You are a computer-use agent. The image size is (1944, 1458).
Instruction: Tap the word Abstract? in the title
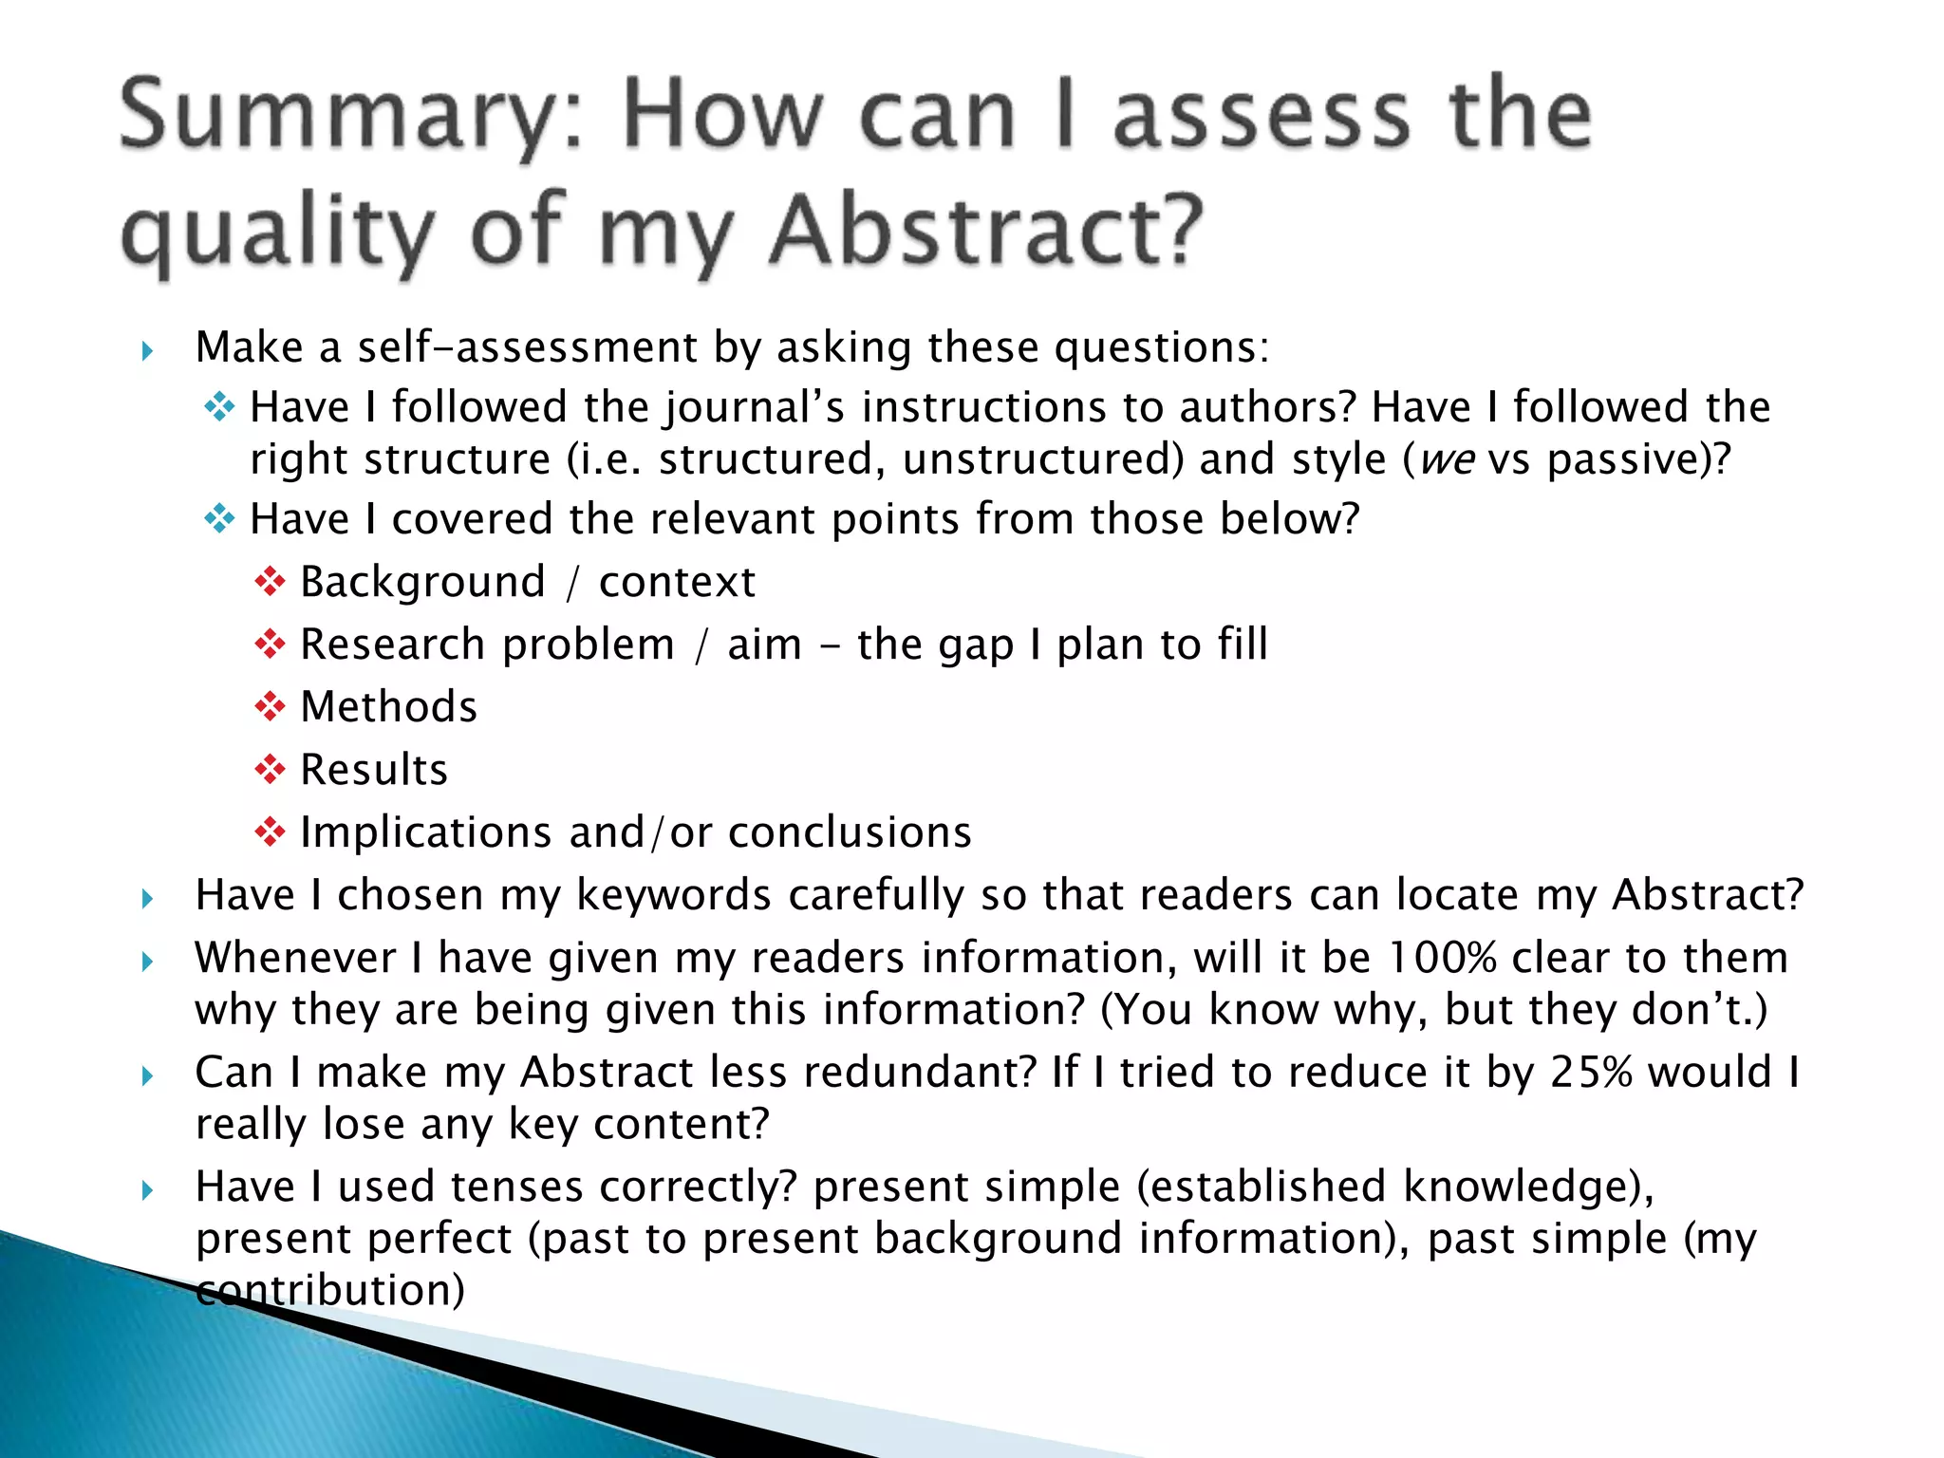point(987,233)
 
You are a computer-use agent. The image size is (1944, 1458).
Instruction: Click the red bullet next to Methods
point(271,706)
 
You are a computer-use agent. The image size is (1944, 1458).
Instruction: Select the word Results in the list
point(374,769)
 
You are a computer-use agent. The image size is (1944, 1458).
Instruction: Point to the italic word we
point(1447,460)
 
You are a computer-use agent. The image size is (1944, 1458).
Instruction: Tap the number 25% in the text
point(1591,1073)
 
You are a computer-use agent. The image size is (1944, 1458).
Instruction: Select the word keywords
point(673,895)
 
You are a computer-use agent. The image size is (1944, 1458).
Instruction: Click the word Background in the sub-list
point(422,582)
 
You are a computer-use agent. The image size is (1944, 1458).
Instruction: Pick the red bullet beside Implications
point(271,832)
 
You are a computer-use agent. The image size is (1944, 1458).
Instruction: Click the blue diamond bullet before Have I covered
point(219,519)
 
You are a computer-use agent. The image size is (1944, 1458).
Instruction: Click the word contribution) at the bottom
point(330,1290)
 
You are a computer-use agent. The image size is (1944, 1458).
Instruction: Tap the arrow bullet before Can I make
point(147,1075)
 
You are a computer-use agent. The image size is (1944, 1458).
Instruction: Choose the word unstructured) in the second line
point(1043,460)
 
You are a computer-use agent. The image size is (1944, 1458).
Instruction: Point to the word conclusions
point(850,832)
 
